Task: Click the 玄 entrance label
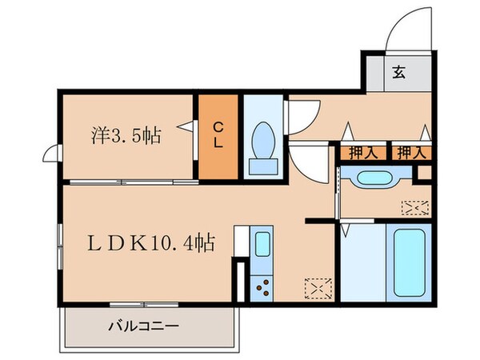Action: coord(398,71)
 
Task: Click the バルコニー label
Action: coord(143,326)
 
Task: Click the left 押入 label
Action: coord(362,152)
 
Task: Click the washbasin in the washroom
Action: coord(370,178)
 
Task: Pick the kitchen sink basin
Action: coord(262,244)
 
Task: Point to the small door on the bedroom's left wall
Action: coord(52,152)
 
